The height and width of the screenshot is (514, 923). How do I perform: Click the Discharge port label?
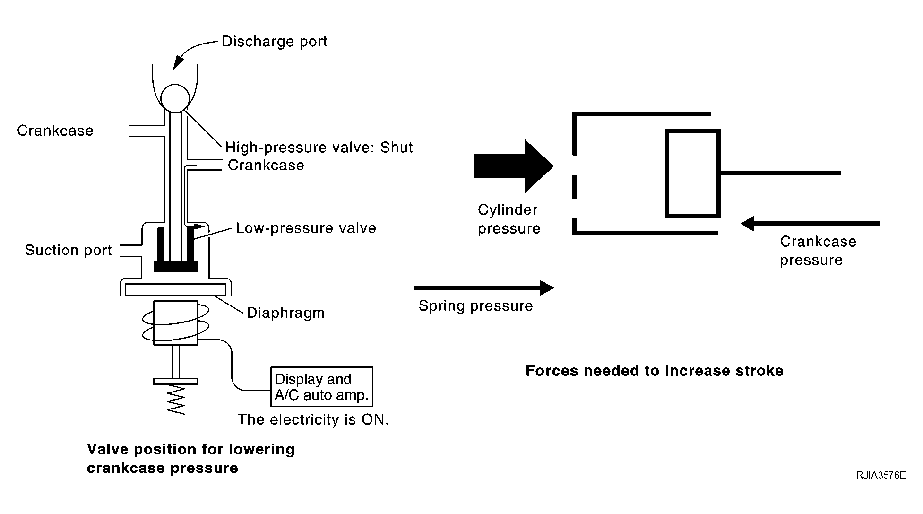(x=275, y=42)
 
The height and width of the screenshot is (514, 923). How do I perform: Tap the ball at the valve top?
(x=175, y=98)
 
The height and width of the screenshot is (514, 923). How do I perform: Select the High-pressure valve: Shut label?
(x=319, y=148)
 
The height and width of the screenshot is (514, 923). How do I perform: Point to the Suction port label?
(x=69, y=250)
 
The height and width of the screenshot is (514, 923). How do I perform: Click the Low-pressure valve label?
(x=306, y=228)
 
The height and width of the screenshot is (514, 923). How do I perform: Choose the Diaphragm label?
(x=286, y=313)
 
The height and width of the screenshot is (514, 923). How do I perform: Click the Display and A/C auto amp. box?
(x=322, y=387)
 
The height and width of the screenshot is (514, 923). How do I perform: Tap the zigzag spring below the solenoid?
(x=176, y=400)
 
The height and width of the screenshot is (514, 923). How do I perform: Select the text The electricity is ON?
(x=313, y=420)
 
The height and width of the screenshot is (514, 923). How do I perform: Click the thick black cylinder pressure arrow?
(x=514, y=166)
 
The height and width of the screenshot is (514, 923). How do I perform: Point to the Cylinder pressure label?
(x=509, y=219)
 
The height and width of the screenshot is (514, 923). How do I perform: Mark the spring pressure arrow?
(x=483, y=287)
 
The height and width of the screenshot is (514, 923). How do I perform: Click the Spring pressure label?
(x=476, y=306)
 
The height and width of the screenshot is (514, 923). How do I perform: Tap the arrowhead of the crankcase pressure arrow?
(x=747, y=223)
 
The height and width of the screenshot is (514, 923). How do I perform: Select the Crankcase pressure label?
(x=818, y=251)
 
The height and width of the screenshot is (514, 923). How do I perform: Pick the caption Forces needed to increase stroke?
(x=655, y=371)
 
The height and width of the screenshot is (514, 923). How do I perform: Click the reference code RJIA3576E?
(x=881, y=475)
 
